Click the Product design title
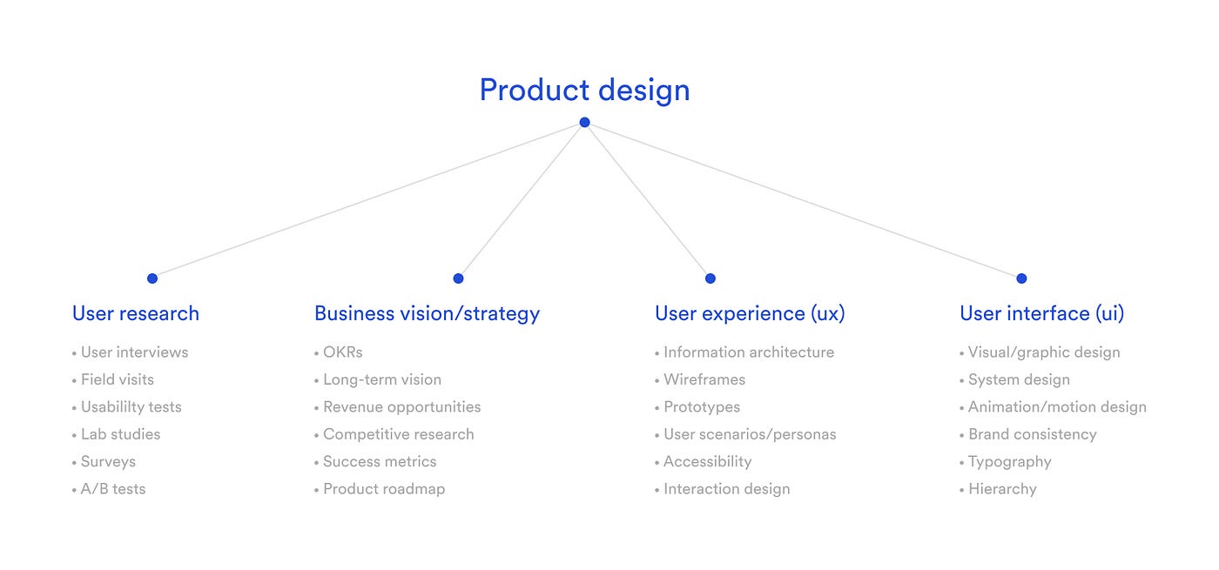click(x=584, y=91)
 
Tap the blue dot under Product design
click(x=584, y=123)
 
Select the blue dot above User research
click(x=152, y=278)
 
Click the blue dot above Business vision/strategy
click(x=458, y=278)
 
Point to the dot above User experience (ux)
click(x=711, y=278)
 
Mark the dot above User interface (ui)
click(x=1021, y=278)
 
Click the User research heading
click(x=136, y=313)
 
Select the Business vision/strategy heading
click(x=427, y=313)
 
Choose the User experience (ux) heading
click(x=750, y=313)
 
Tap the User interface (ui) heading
click(x=1041, y=313)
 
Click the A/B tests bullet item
click(x=112, y=489)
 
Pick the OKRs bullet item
click(x=342, y=352)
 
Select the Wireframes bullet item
click(x=704, y=379)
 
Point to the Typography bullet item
click(x=1009, y=462)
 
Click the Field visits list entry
click(x=117, y=379)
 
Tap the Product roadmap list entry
click(x=383, y=489)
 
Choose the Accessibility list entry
click(x=707, y=462)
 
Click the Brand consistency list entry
click(x=1032, y=434)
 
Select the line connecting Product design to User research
click(x=368, y=200)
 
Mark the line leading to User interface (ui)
click(x=803, y=200)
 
